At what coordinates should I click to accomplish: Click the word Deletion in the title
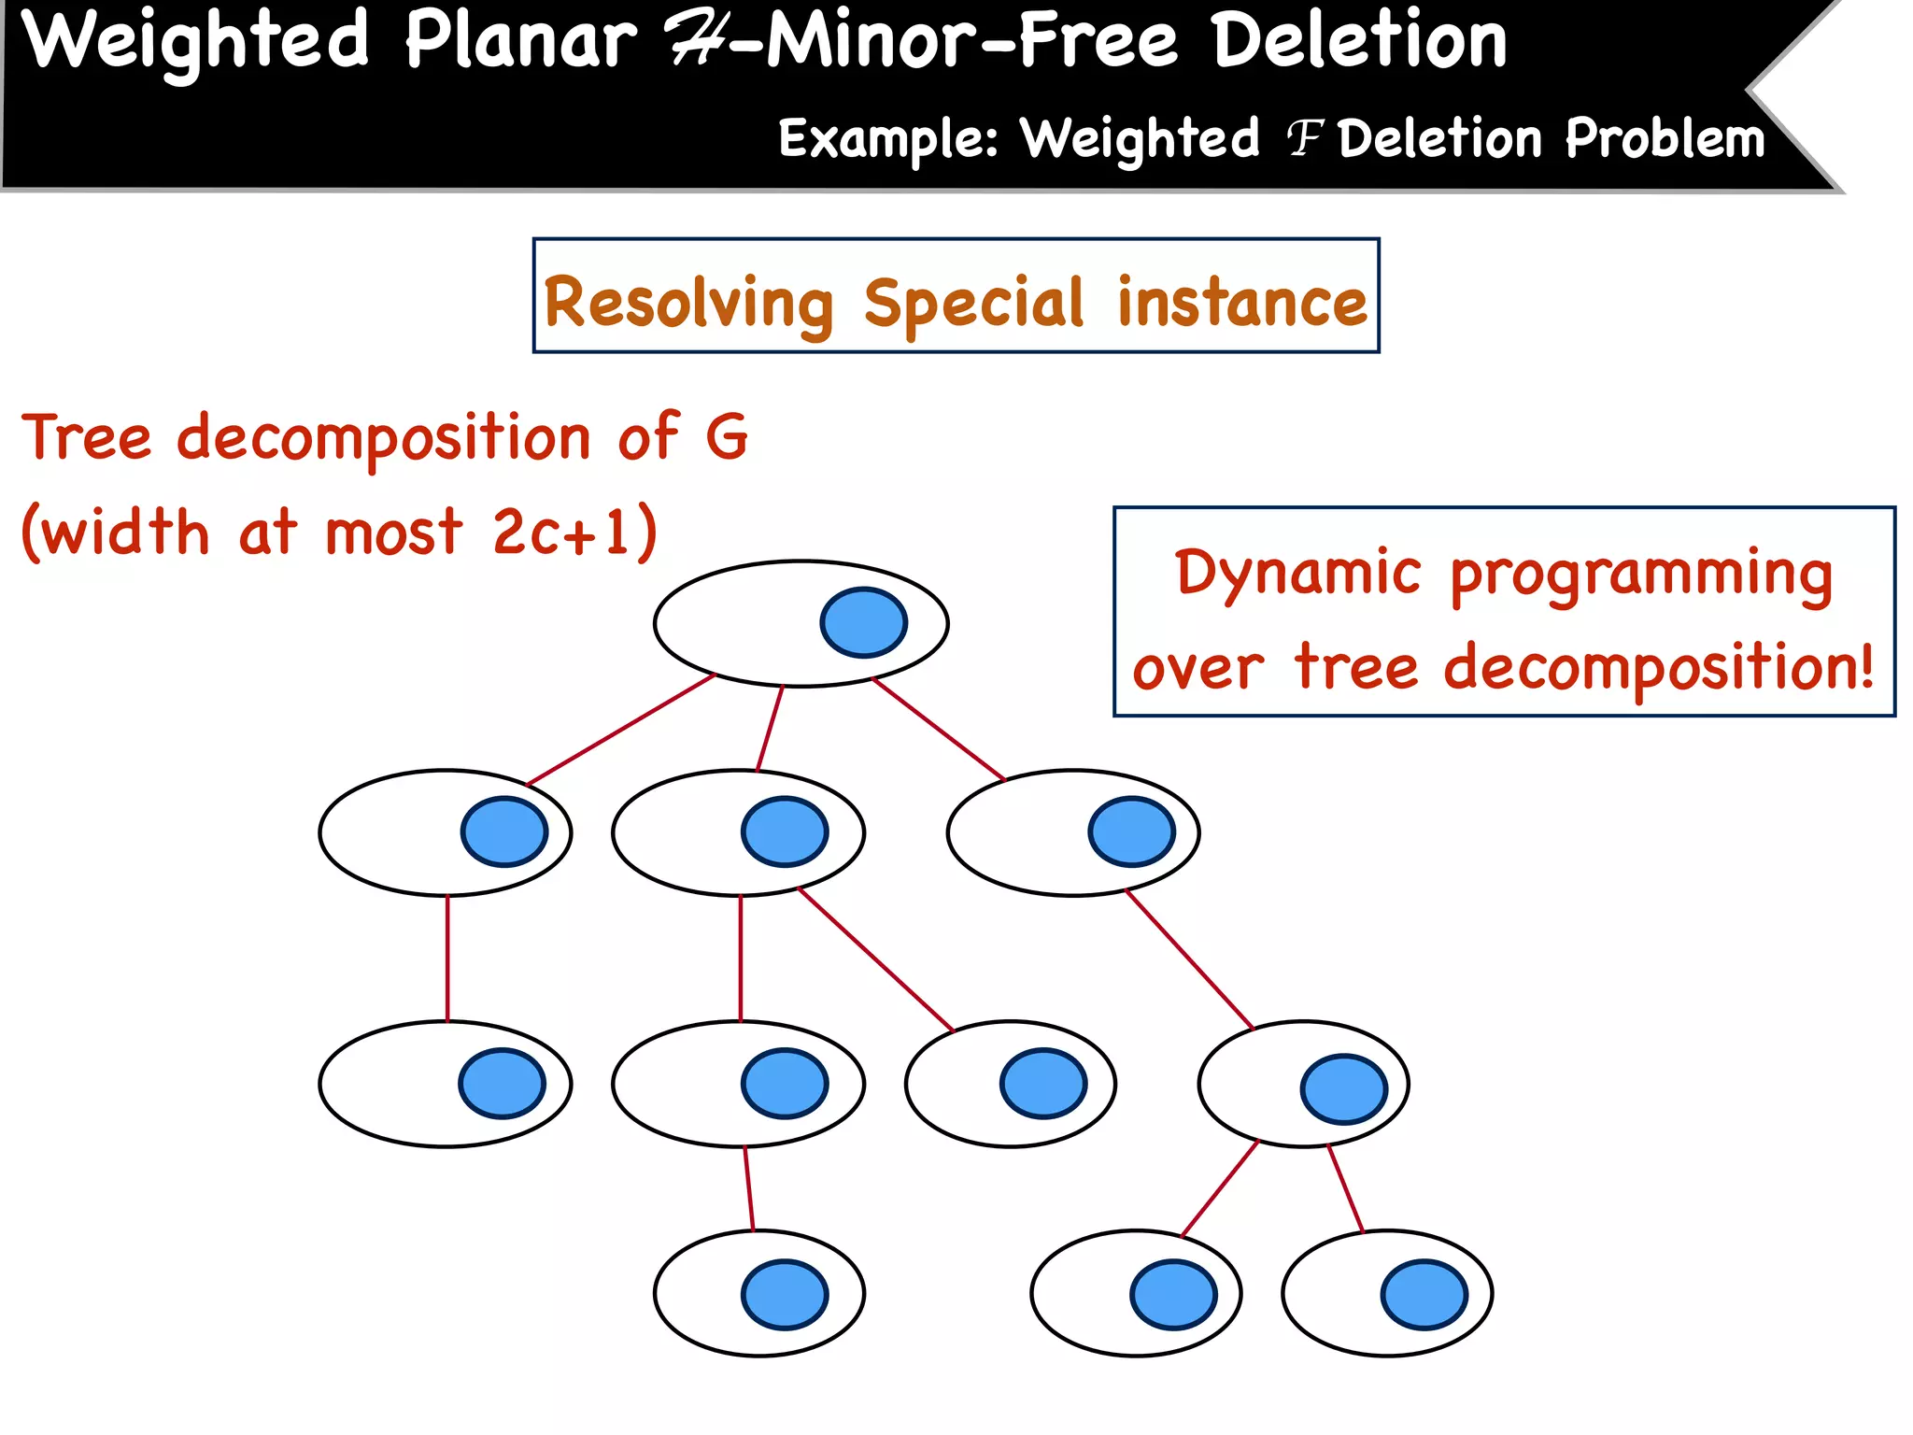pos(1360,42)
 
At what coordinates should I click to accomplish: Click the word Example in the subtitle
pos(887,140)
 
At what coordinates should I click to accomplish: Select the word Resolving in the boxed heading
pos(688,305)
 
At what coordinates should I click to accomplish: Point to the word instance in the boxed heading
pos(1241,303)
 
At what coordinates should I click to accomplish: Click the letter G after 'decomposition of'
pos(727,436)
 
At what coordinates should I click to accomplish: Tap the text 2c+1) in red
pos(574,532)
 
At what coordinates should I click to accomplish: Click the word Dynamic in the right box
pos(1297,573)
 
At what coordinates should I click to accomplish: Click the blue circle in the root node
pos(863,622)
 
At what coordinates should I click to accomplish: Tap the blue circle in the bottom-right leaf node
pos(1424,1294)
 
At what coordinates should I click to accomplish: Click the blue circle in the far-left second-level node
pos(504,831)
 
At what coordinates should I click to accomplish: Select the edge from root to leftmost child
pos(621,730)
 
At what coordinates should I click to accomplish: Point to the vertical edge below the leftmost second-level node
pos(447,958)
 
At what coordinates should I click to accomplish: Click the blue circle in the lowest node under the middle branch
pos(785,1294)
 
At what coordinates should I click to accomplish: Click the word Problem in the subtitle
pos(1665,140)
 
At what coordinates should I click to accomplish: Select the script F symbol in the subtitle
pos(1305,140)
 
